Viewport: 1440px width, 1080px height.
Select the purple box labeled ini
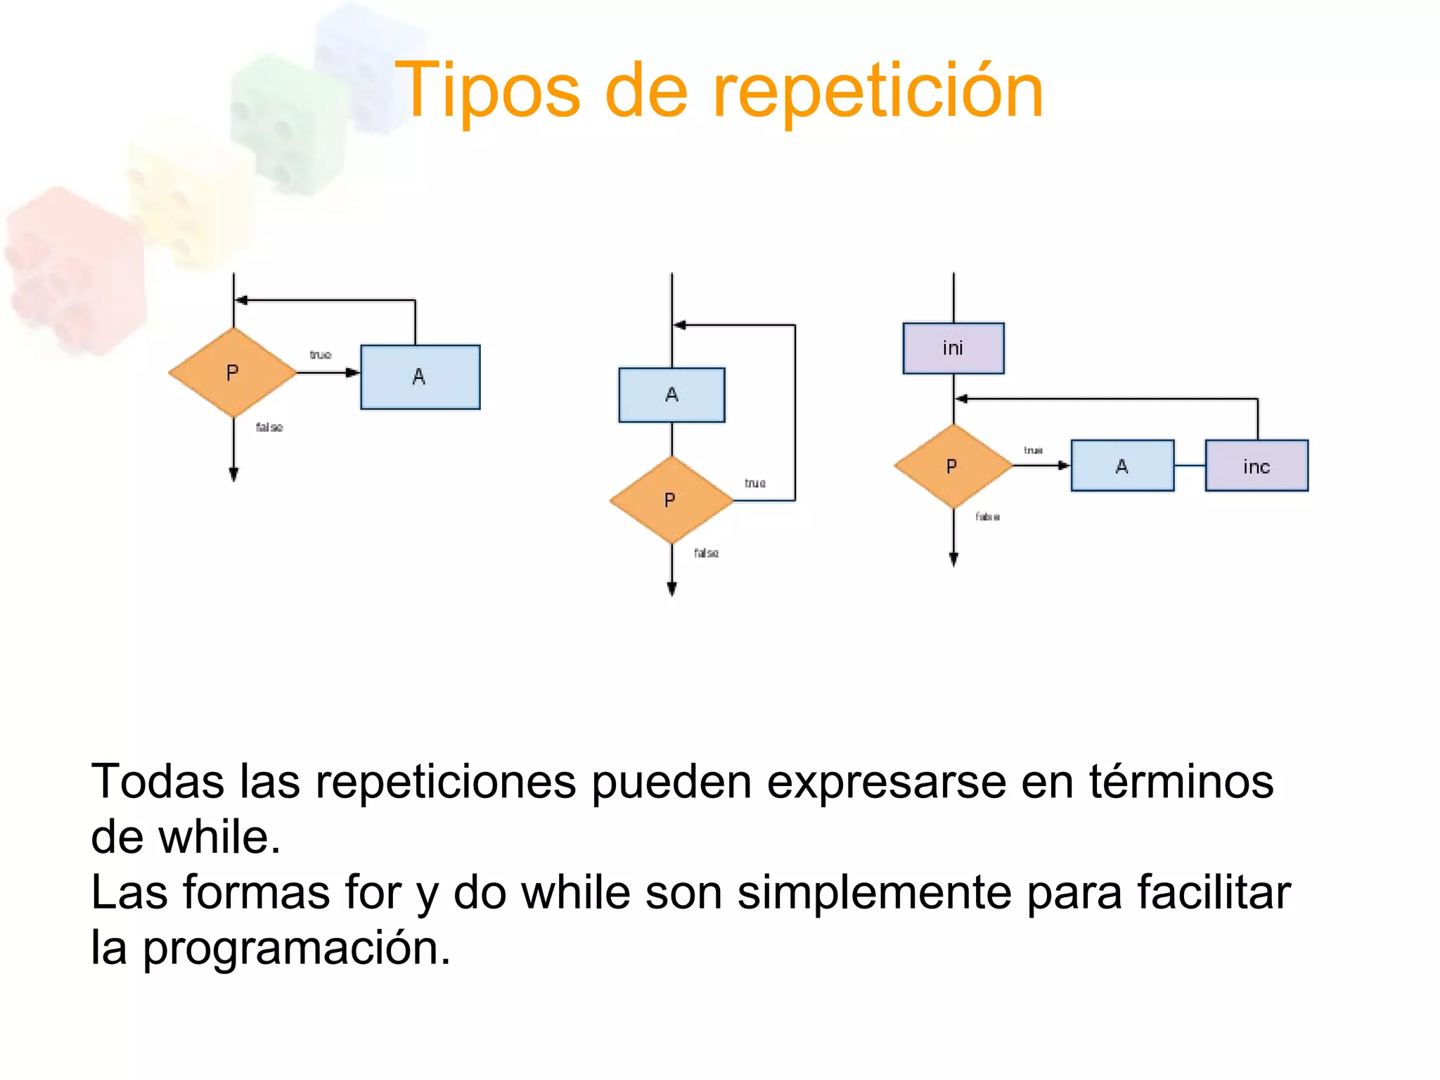coord(953,348)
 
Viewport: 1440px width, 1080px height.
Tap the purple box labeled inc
coord(1256,466)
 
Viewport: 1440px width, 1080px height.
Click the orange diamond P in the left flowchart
coord(233,373)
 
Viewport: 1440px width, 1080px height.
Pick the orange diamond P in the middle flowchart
coord(671,500)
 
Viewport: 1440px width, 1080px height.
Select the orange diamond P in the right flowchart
coord(953,466)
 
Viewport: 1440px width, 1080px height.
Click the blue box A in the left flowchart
coord(420,377)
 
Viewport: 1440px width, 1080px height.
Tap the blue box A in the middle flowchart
coord(671,394)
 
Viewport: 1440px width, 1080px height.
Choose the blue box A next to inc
coord(1121,466)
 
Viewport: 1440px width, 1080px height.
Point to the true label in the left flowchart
coord(321,355)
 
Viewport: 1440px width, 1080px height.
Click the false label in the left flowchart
coord(269,427)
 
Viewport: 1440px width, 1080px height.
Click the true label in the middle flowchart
coord(755,484)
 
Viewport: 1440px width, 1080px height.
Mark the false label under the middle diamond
coord(706,553)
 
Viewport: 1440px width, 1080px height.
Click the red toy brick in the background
coord(74,271)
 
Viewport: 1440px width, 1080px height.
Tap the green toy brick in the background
coord(288,123)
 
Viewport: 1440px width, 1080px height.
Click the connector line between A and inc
coord(1190,466)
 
